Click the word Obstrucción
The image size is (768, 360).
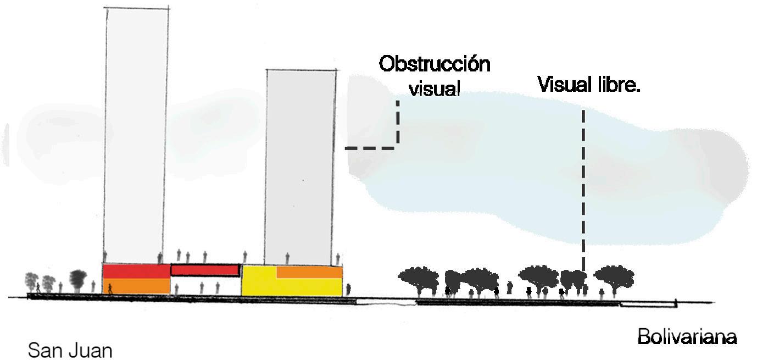click(x=434, y=64)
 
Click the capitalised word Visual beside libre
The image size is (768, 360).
click(x=561, y=85)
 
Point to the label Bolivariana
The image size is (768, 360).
click(x=687, y=336)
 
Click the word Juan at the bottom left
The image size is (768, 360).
click(x=90, y=350)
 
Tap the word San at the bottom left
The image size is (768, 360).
click(x=46, y=350)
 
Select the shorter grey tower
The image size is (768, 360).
click(x=300, y=165)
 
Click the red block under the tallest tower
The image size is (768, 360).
click(x=136, y=271)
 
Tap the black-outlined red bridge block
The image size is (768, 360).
click(x=205, y=269)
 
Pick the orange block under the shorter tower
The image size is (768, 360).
click(x=309, y=272)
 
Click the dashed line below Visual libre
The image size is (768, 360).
click(x=583, y=187)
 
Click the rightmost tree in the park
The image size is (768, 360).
click(x=614, y=275)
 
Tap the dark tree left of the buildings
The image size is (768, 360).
click(x=79, y=278)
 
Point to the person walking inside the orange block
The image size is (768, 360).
click(x=110, y=288)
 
